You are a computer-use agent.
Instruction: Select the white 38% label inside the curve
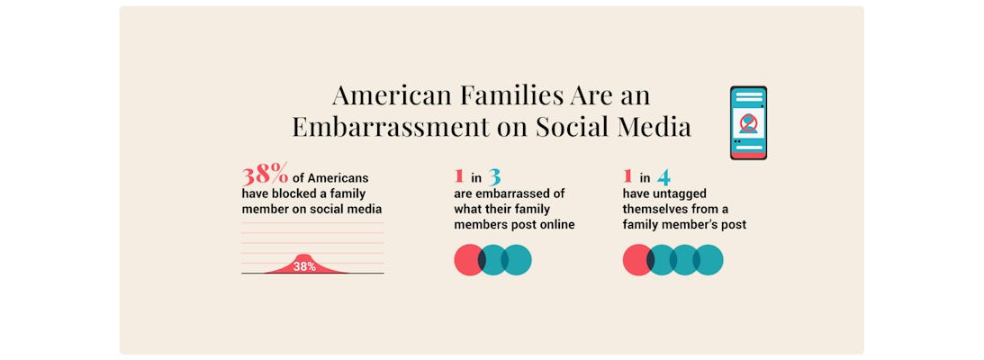click(304, 266)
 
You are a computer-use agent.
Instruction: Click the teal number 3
click(494, 176)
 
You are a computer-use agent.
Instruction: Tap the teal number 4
click(663, 176)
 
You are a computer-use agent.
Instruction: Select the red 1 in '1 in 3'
click(459, 176)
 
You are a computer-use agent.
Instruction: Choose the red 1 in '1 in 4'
click(627, 176)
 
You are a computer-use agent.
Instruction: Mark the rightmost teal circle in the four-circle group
click(710, 259)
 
